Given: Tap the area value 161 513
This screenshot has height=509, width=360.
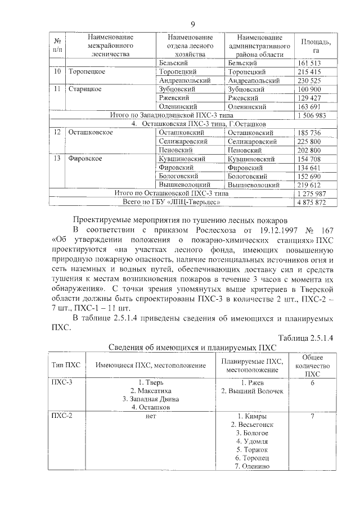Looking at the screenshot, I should tap(308, 64).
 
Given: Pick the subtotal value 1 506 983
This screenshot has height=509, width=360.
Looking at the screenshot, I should tap(310, 115).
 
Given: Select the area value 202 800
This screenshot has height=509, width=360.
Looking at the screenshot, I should tap(308, 150).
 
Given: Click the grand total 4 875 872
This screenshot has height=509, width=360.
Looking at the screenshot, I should tap(310, 201).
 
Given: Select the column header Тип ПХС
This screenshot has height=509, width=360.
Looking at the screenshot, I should tap(66, 365).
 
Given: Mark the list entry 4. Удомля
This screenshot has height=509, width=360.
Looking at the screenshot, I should tap(253, 442).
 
